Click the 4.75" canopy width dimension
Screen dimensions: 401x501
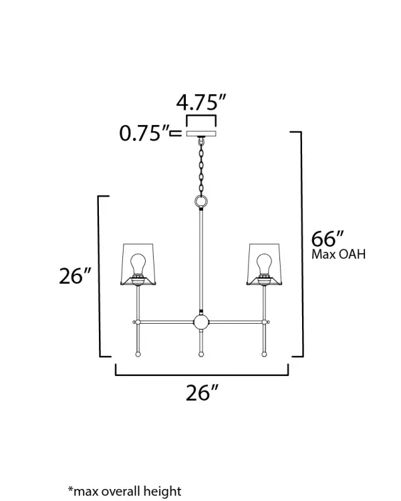201,102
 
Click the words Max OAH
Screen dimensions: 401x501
338,254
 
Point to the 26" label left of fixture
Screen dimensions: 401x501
76,276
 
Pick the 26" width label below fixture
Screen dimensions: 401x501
203,393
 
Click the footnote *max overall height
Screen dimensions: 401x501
124,491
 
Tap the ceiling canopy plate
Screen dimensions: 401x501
201,134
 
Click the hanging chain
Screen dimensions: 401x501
201,166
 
